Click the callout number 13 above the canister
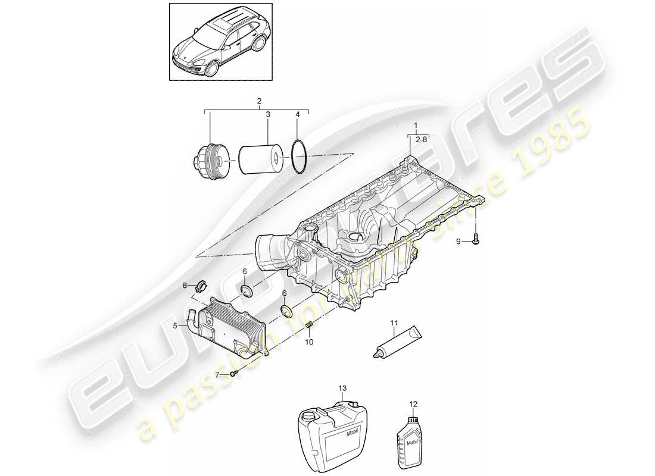[x=342, y=388]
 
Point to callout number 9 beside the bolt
[x=458, y=242]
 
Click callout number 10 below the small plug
[x=309, y=343]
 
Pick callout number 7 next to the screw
[x=218, y=375]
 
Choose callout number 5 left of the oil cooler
[x=175, y=325]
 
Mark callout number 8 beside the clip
[x=185, y=286]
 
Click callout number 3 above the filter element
[x=267, y=114]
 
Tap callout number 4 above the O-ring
[x=298, y=114]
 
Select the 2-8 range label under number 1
[x=421, y=139]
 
